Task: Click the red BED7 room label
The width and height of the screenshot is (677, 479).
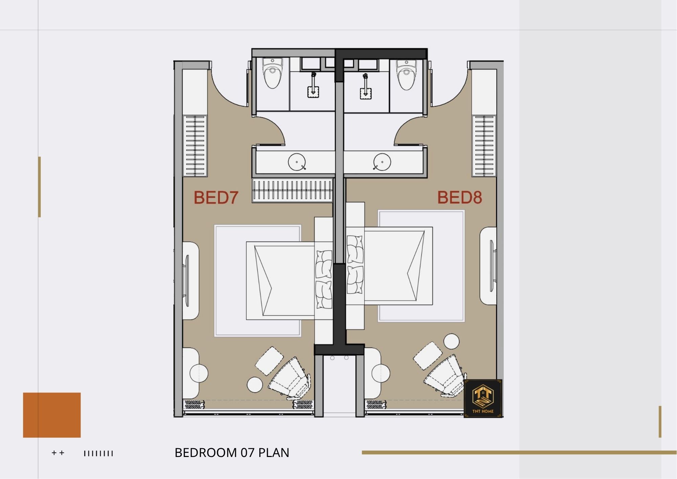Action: [216, 197]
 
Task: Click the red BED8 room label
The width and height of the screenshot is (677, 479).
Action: [460, 197]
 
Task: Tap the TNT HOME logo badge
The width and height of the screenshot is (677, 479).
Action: [483, 398]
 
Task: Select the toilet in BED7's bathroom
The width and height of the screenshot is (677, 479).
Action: [272, 73]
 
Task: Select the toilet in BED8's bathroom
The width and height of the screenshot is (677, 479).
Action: [406, 75]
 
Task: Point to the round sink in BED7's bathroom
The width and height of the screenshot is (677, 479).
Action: [297, 162]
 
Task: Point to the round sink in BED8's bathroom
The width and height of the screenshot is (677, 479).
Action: [382, 162]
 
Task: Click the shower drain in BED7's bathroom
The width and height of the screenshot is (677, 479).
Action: [313, 92]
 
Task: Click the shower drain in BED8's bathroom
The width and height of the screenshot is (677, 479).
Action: [366, 93]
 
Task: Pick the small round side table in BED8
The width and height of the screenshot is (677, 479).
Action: [452, 341]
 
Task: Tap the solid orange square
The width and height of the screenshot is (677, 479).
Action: [52, 415]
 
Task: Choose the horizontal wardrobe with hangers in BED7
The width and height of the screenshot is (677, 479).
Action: [292, 190]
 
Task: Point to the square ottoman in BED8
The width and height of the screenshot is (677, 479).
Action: [428, 355]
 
